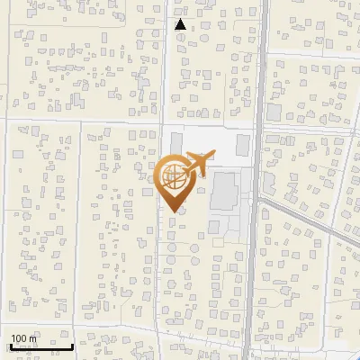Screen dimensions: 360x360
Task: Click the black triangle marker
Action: (181, 25)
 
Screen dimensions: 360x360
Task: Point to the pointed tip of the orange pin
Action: (173, 211)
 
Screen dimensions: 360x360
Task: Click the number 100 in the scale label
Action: (19, 338)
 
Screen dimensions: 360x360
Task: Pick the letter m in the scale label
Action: (33, 338)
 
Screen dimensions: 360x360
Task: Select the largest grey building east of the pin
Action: (223, 193)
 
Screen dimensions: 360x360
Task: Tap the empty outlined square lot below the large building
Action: (217, 241)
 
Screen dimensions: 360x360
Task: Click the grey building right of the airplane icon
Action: (242, 145)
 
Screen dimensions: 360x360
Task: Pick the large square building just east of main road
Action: (273, 113)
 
